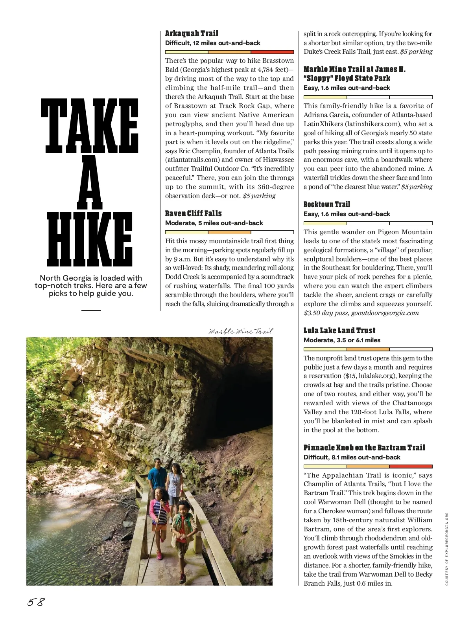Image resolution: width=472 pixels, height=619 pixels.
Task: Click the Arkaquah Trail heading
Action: click(x=192, y=33)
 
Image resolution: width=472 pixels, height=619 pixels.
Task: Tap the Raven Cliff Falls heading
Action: click(x=193, y=213)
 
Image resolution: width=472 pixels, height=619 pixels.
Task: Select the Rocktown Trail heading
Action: click(x=326, y=204)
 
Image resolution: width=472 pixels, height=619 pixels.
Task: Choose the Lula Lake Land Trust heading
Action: click(x=339, y=331)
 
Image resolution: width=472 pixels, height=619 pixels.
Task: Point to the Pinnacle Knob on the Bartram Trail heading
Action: click(x=364, y=448)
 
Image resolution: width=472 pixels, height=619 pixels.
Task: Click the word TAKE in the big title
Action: click(x=90, y=126)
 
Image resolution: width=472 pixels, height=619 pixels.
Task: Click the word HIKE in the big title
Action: click(x=90, y=239)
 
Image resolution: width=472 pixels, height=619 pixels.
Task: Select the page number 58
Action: click(x=36, y=602)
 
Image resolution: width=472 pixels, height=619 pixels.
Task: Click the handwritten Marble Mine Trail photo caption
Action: click(x=240, y=331)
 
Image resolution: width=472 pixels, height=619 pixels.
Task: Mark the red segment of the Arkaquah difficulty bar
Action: click(x=272, y=52)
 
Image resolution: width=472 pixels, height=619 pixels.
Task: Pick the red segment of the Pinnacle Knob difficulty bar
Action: click(x=411, y=467)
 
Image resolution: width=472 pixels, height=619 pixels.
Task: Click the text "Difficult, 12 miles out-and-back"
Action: click(x=212, y=43)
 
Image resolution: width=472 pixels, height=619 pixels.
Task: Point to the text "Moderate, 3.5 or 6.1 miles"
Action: click(x=342, y=340)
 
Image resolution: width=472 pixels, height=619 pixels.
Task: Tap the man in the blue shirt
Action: click(x=157, y=476)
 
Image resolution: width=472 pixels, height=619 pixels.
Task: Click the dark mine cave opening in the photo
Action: click(x=240, y=397)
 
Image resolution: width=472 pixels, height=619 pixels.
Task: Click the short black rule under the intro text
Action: click(x=91, y=310)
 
